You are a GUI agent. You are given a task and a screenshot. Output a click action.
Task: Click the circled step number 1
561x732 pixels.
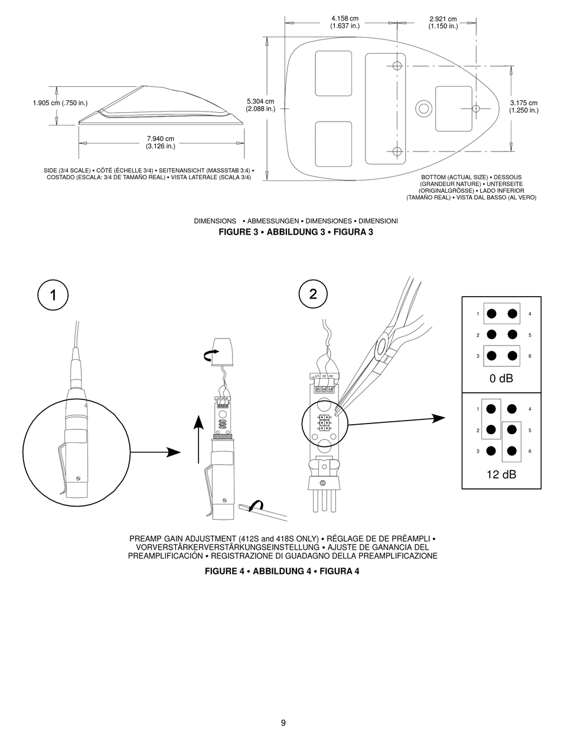53,295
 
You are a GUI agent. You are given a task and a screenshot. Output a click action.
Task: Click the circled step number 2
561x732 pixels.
312,294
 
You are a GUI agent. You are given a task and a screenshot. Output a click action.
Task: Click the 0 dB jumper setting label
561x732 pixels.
501,379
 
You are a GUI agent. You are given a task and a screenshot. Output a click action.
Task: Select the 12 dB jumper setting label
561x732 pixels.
501,474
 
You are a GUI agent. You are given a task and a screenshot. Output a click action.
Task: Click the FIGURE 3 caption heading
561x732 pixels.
296,232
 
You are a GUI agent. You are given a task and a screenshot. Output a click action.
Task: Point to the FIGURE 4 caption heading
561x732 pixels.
282,571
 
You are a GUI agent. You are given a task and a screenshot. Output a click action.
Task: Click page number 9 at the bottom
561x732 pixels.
283,723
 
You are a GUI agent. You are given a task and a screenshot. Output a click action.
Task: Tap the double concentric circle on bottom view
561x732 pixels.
423,108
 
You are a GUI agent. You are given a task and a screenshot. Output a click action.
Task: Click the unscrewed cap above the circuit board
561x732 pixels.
223,352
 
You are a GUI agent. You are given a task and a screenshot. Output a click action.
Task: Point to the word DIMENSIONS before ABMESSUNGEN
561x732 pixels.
215,221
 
